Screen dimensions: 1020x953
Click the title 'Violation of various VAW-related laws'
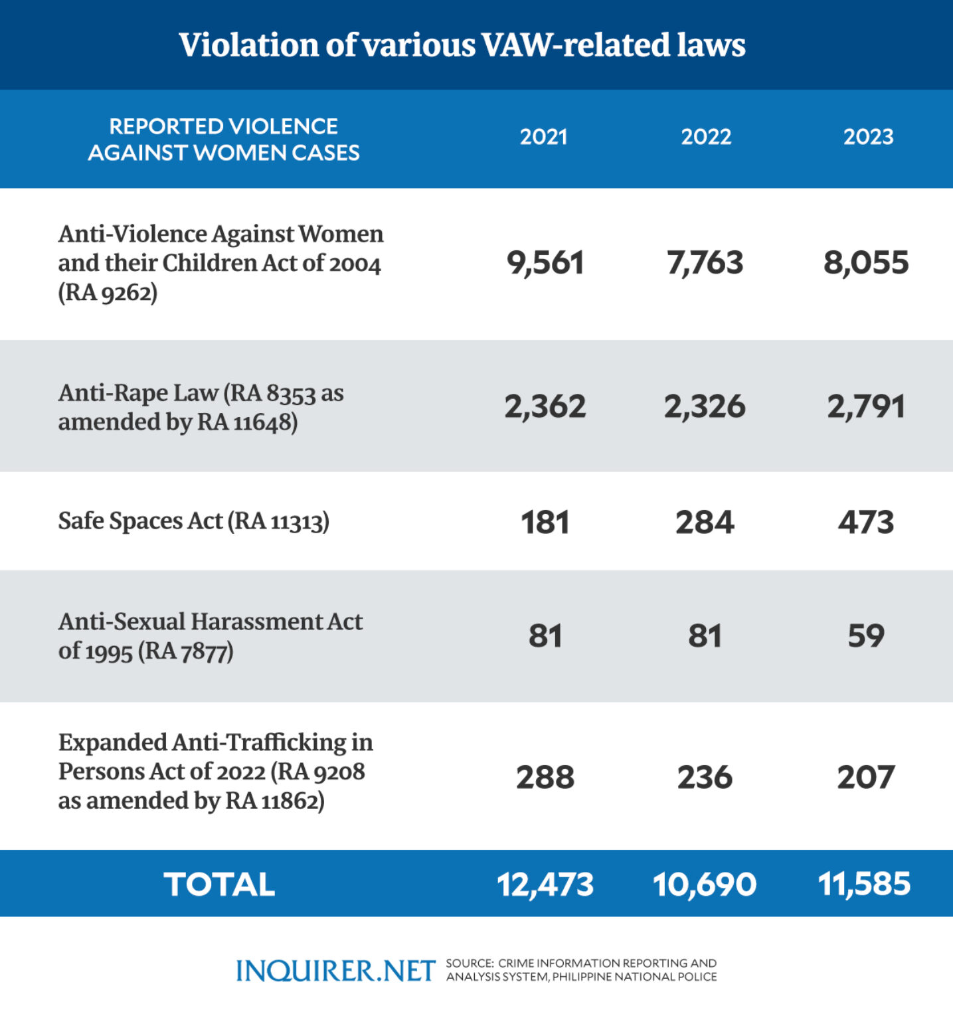point(462,45)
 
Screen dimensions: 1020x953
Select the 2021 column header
point(543,137)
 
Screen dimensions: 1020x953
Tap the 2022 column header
point(705,137)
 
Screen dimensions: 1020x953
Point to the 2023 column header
point(868,137)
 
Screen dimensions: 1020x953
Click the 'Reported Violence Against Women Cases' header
point(224,139)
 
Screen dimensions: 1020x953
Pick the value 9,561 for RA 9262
point(545,263)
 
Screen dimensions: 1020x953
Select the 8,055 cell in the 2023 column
point(865,263)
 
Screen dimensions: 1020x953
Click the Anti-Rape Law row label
point(201,407)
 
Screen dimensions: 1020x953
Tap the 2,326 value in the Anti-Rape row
point(705,406)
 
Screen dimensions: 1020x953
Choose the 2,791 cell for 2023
point(865,406)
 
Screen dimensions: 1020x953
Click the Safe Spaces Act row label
point(193,521)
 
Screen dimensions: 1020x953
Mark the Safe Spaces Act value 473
point(865,522)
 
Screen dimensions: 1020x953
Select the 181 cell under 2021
point(545,522)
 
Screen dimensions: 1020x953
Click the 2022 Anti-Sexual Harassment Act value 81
point(705,636)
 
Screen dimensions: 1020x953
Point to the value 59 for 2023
point(865,636)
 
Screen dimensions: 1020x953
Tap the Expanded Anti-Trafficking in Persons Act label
point(215,771)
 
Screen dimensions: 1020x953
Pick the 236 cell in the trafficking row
point(705,777)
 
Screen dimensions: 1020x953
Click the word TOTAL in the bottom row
point(219,885)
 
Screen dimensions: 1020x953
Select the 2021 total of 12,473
point(545,885)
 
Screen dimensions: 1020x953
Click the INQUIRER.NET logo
point(335,971)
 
